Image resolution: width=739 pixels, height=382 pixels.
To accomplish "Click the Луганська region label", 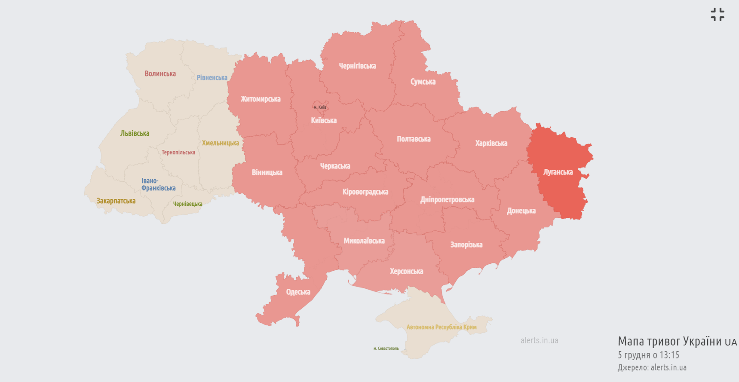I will pos(558,172).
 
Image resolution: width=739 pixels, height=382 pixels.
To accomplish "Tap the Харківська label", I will pos(491,143).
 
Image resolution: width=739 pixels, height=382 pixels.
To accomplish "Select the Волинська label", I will pos(160,74).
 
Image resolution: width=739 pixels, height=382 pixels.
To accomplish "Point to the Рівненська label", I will pos(212,78).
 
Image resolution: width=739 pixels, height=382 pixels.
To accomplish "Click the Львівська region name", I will pos(135,134).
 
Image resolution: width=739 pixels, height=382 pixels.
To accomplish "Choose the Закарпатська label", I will pos(116,201).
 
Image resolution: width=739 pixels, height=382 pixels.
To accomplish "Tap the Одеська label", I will pos(298,292).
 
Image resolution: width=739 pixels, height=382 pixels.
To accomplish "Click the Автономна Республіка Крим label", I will pos(442,327).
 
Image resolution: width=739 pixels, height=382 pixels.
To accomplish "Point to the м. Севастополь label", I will pos(386,348).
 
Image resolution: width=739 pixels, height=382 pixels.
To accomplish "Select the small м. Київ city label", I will pos(320,107).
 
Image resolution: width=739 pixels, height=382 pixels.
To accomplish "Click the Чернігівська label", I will pos(357,66).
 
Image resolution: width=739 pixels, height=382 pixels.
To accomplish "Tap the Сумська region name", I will pos(423,82).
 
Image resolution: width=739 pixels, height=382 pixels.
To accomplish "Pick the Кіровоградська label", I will pos(365,192).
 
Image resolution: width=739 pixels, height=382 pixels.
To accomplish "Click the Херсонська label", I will pos(406,272).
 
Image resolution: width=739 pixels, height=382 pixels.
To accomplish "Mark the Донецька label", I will pos(521,211).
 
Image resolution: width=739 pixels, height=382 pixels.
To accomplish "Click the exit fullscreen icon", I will pos(717,14).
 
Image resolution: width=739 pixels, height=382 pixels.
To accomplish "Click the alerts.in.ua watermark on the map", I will pos(539,340).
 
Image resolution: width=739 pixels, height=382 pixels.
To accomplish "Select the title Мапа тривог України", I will pos(669,341).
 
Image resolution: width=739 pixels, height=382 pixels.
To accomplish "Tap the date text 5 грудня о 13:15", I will pos(648,355).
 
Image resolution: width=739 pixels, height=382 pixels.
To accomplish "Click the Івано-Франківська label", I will pos(158,185).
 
